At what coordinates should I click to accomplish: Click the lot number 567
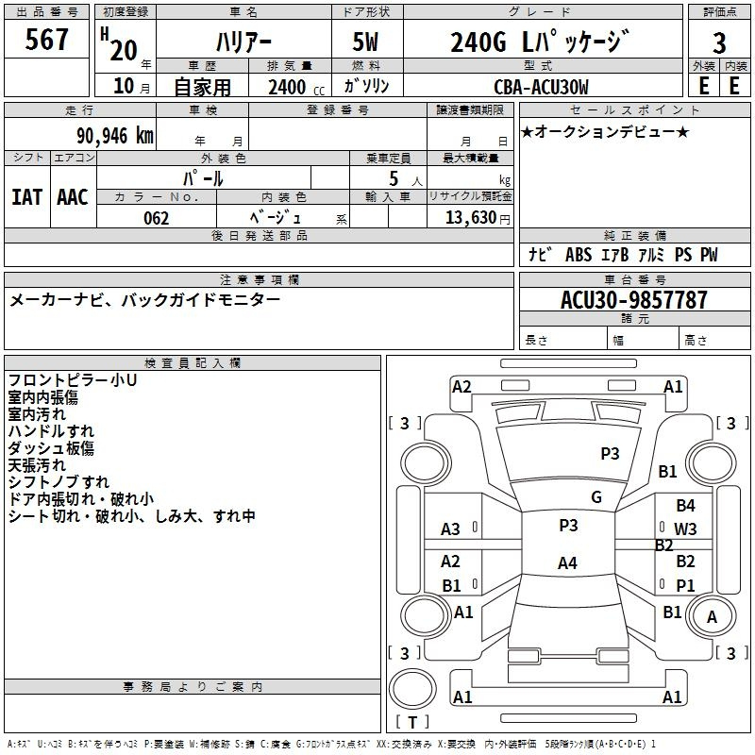click(x=46, y=40)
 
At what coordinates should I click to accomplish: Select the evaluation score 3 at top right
click(x=719, y=43)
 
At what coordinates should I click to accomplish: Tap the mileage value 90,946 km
click(x=115, y=136)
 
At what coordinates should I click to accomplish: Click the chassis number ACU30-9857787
click(x=634, y=300)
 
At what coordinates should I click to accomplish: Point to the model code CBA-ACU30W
click(x=541, y=87)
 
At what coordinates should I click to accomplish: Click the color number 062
click(x=157, y=218)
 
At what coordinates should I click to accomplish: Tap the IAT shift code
click(x=27, y=197)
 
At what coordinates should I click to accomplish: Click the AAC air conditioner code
click(x=73, y=197)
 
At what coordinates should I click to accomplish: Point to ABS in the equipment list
click(x=579, y=254)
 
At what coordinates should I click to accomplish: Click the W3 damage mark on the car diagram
click(x=685, y=529)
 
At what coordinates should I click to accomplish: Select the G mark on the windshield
click(x=596, y=497)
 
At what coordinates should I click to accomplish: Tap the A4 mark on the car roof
click(x=568, y=562)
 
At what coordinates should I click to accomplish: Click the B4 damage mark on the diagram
click(x=685, y=506)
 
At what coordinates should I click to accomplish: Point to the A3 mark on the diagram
click(x=450, y=529)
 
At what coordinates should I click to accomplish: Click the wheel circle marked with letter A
click(x=712, y=617)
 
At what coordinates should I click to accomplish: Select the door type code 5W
click(x=366, y=42)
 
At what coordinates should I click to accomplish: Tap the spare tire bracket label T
click(x=412, y=722)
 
